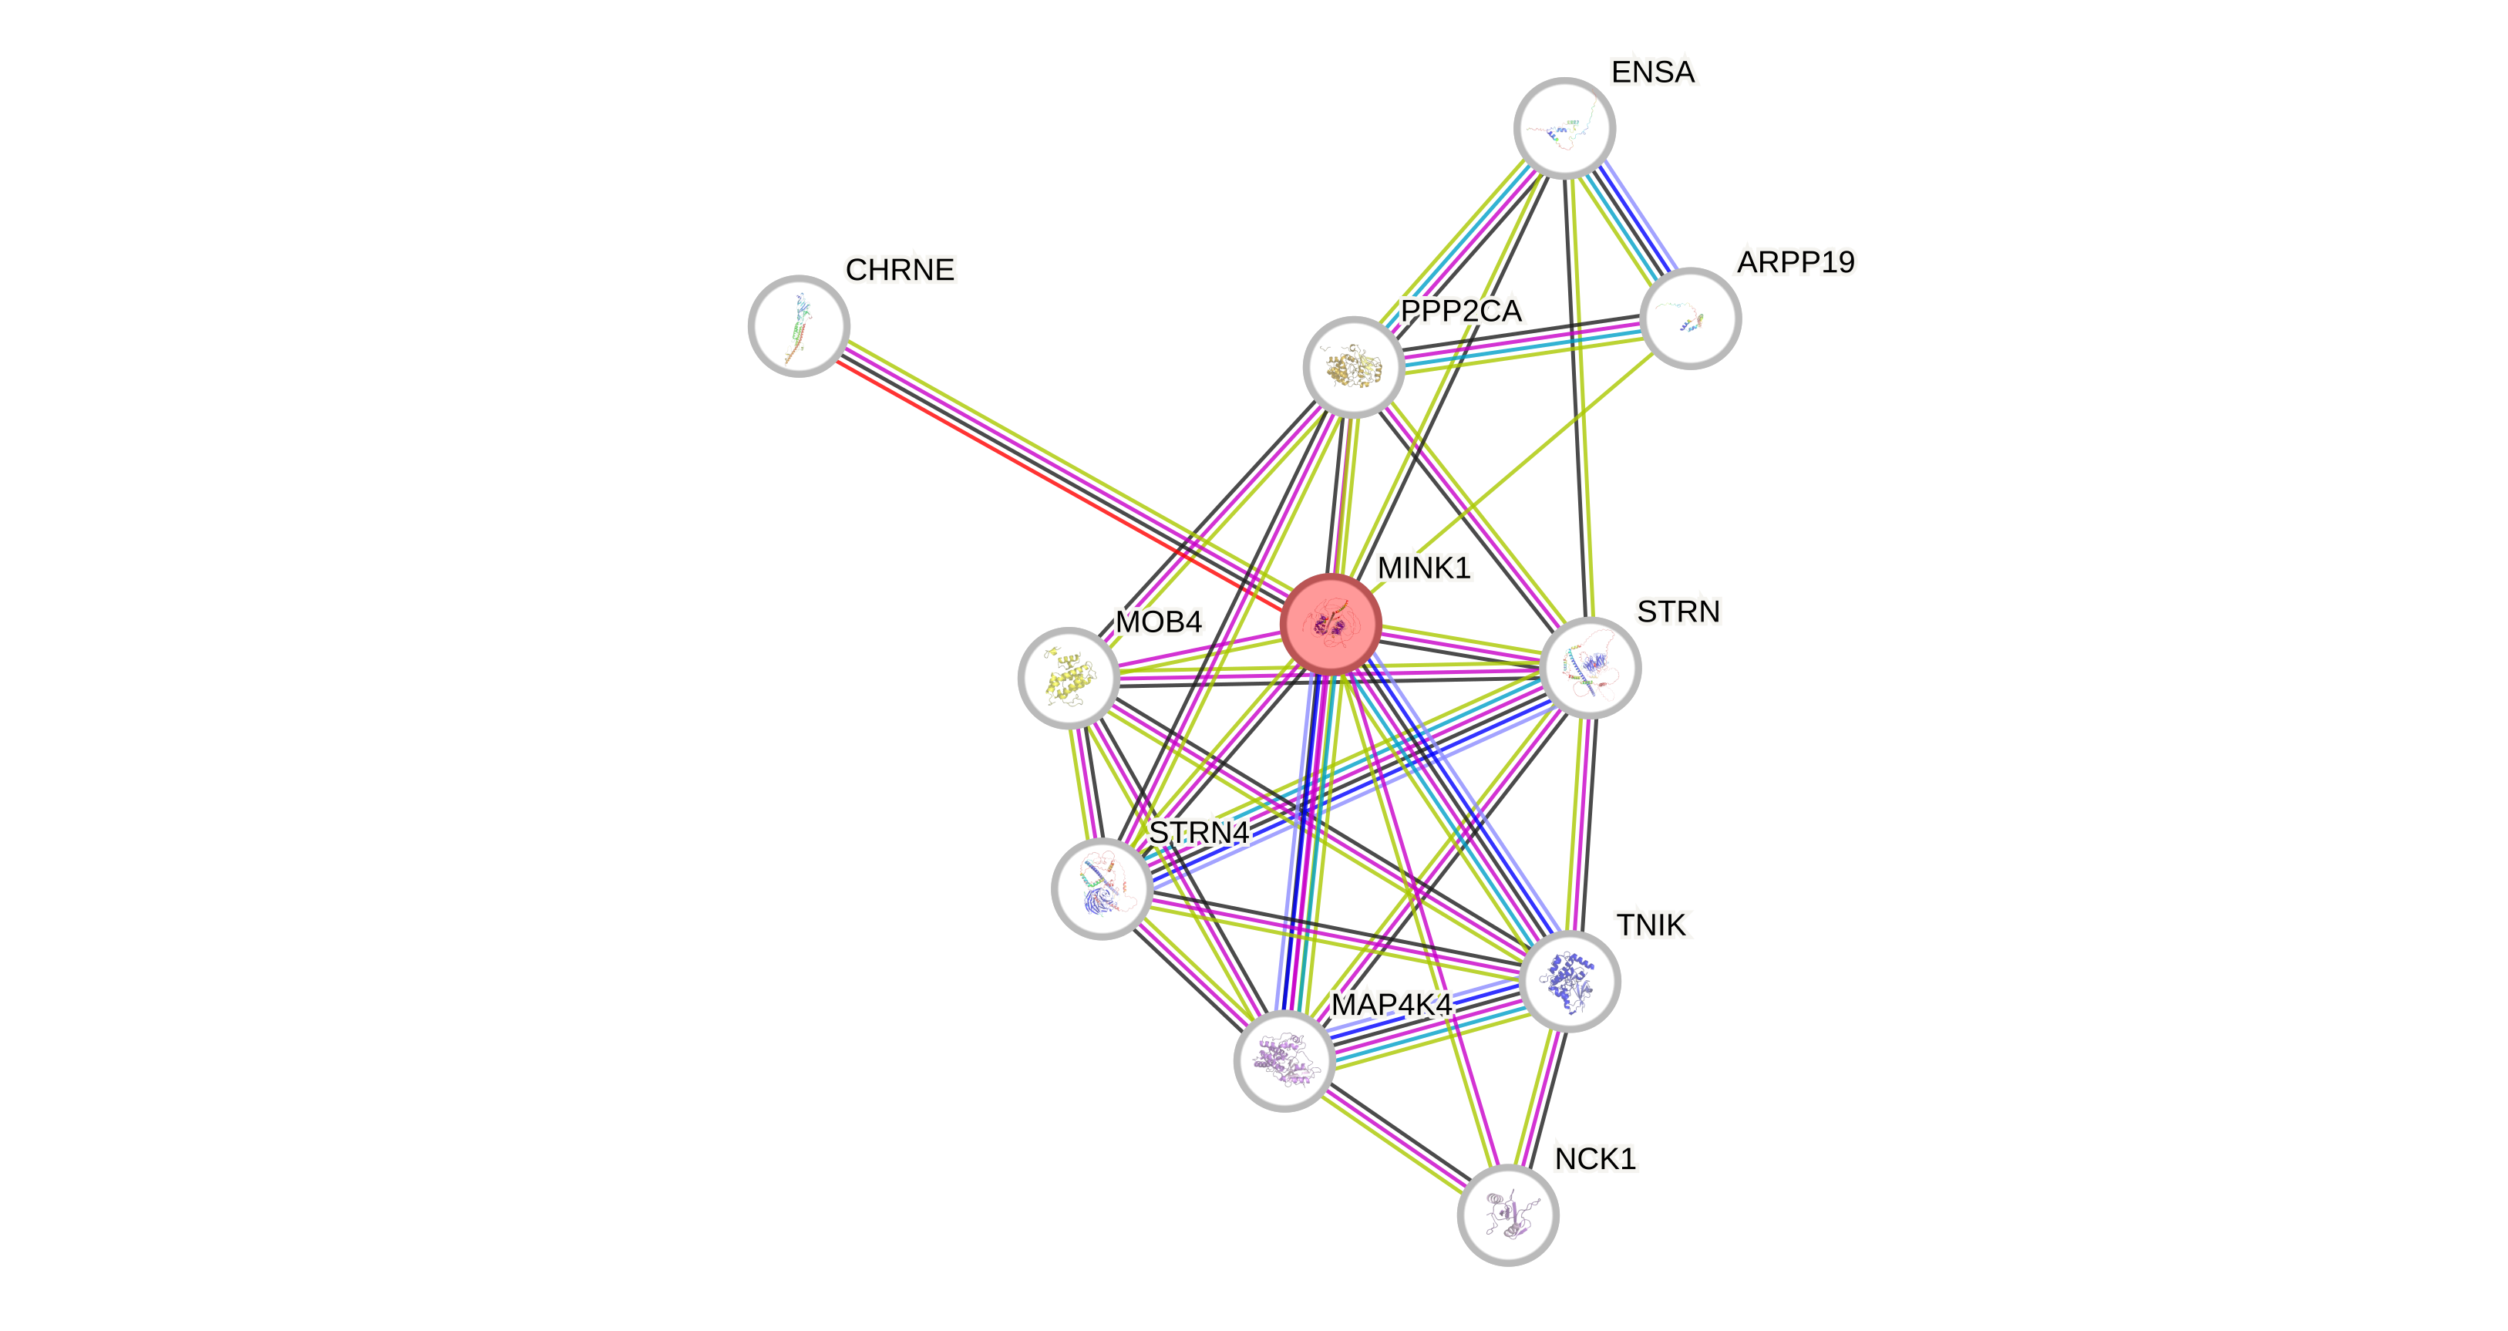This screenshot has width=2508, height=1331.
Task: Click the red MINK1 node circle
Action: [x=1331, y=624]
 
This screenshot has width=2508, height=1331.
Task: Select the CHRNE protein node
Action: [x=799, y=325]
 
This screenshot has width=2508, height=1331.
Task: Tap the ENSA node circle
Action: [x=1564, y=127]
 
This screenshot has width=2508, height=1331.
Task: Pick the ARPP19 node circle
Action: [x=1690, y=318]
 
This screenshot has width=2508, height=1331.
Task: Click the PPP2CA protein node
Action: [x=1353, y=367]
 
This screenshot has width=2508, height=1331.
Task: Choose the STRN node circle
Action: [x=1591, y=668]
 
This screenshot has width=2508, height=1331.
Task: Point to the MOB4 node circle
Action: [x=1068, y=678]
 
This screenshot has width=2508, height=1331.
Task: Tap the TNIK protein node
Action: [x=1570, y=980]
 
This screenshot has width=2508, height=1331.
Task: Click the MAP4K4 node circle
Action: [x=1284, y=1060]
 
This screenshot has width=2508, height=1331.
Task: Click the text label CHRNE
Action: [x=900, y=270]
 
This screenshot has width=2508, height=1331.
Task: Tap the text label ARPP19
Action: [x=1796, y=262]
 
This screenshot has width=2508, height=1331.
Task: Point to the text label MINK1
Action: [x=1423, y=568]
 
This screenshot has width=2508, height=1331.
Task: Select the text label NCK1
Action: [x=1594, y=1159]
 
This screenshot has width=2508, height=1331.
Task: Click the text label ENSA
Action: [x=1653, y=72]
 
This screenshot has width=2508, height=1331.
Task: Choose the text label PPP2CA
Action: [x=1460, y=312]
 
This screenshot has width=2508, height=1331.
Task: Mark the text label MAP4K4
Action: [x=1392, y=1004]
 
